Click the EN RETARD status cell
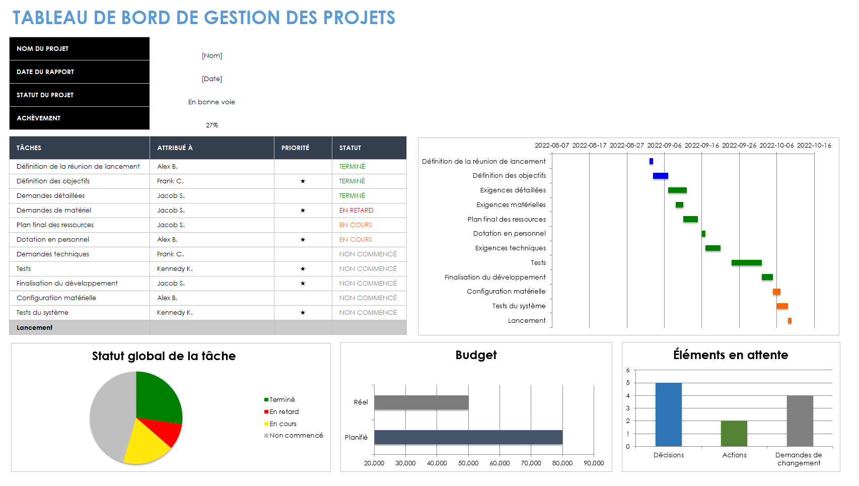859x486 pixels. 356,211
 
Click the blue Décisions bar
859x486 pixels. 668,414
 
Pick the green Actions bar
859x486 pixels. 734,434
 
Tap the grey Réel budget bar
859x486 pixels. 421,402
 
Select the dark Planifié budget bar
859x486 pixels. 468,437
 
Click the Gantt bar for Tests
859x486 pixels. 746,263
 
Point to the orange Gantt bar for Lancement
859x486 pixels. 790,321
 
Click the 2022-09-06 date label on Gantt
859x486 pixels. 664,146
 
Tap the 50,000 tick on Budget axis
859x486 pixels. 468,463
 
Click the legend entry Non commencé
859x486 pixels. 296,436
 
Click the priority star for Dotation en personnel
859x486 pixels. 303,240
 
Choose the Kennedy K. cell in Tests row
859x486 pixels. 175,269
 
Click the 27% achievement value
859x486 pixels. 212,125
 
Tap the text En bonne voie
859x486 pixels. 211,102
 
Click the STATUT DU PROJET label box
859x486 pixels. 79,95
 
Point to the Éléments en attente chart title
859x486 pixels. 730,355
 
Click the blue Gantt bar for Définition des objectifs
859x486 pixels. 660,176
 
